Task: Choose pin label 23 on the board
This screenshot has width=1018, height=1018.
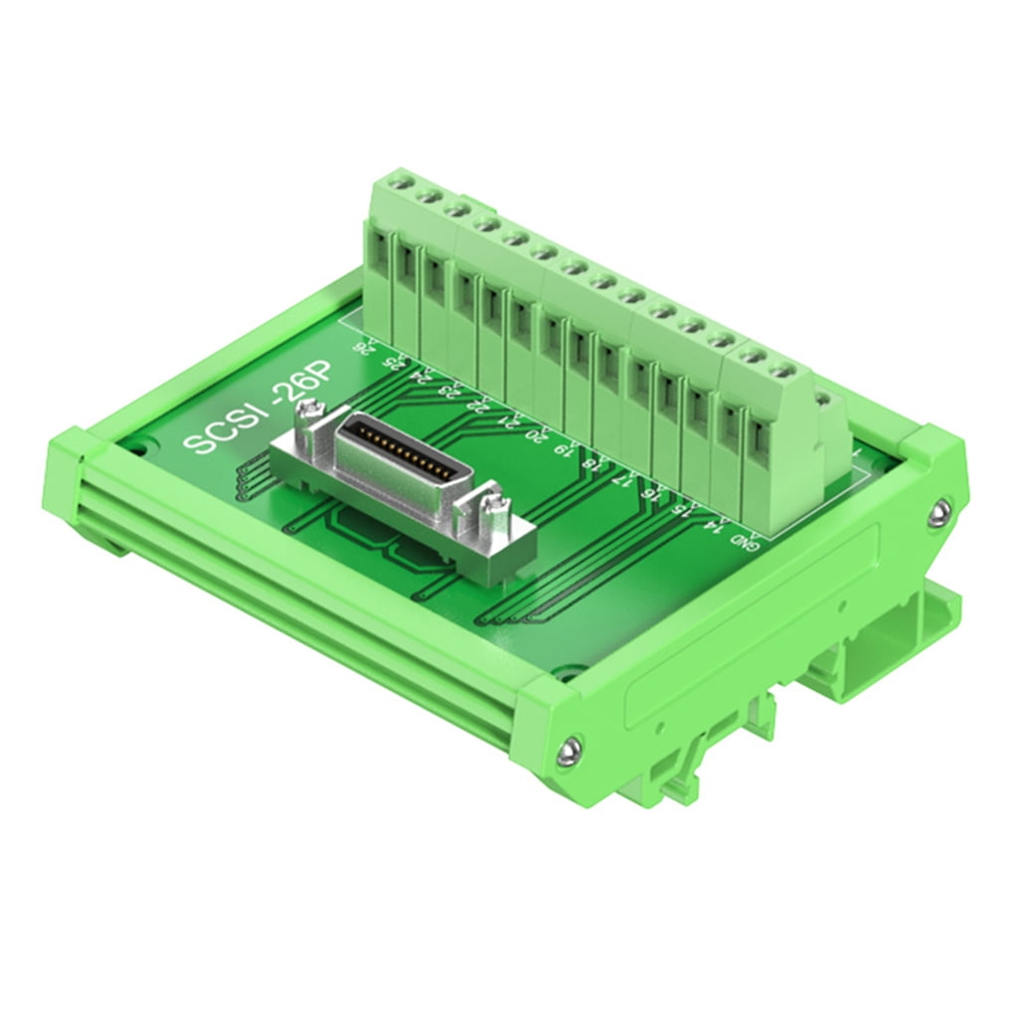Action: point(448,390)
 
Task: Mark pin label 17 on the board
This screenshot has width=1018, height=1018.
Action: point(623,478)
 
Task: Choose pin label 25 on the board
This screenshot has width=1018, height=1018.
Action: point(393,361)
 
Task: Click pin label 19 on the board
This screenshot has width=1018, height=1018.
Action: point(565,448)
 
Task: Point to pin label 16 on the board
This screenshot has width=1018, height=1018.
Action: point(652,493)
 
